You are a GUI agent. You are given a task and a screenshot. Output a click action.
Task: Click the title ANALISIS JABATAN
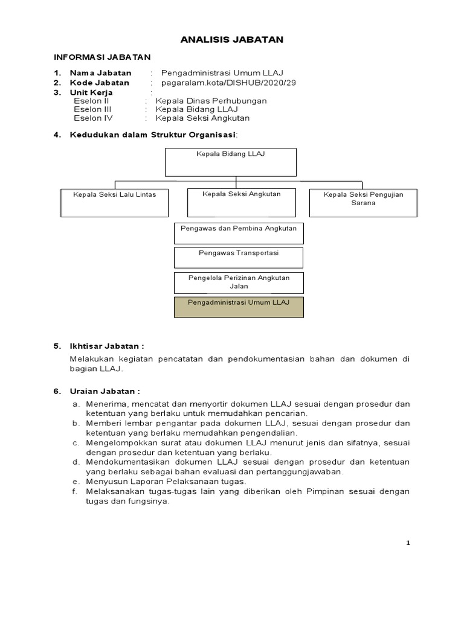[x=232, y=40]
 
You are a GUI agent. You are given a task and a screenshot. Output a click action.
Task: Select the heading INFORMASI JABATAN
[x=102, y=57]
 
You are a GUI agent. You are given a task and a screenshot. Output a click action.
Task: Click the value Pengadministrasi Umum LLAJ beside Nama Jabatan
[x=223, y=73]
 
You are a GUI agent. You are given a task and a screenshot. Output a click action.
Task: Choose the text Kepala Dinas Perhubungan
[x=211, y=101]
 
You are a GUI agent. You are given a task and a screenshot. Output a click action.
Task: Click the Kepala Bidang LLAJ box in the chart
[x=231, y=162]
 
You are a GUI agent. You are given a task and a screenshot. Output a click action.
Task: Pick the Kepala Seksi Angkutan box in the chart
[x=242, y=202]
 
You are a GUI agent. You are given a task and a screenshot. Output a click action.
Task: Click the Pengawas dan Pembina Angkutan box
[x=239, y=232]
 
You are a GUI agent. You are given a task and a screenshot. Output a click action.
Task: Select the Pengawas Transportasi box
[x=239, y=257]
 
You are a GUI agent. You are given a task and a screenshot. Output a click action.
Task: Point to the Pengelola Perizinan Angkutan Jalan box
[x=239, y=282]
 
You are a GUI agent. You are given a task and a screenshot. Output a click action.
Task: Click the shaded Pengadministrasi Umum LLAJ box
[x=239, y=307]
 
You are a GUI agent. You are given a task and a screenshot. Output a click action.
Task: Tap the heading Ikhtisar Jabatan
[x=108, y=346]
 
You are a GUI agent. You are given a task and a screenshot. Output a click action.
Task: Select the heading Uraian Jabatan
[x=105, y=390]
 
